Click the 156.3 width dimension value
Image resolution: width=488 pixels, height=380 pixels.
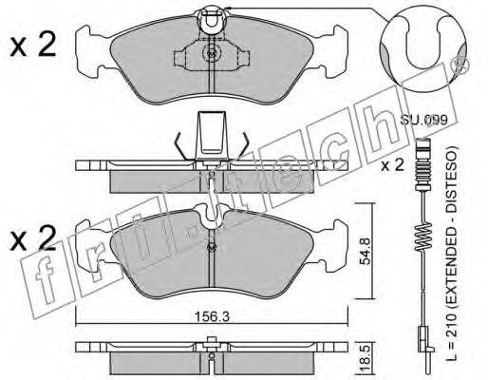[212, 316]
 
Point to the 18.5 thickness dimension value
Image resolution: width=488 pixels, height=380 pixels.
[366, 357]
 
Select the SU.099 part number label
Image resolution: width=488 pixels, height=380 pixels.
[423, 120]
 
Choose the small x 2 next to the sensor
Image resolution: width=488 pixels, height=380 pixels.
[392, 165]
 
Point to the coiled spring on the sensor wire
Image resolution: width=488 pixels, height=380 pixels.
[423, 236]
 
